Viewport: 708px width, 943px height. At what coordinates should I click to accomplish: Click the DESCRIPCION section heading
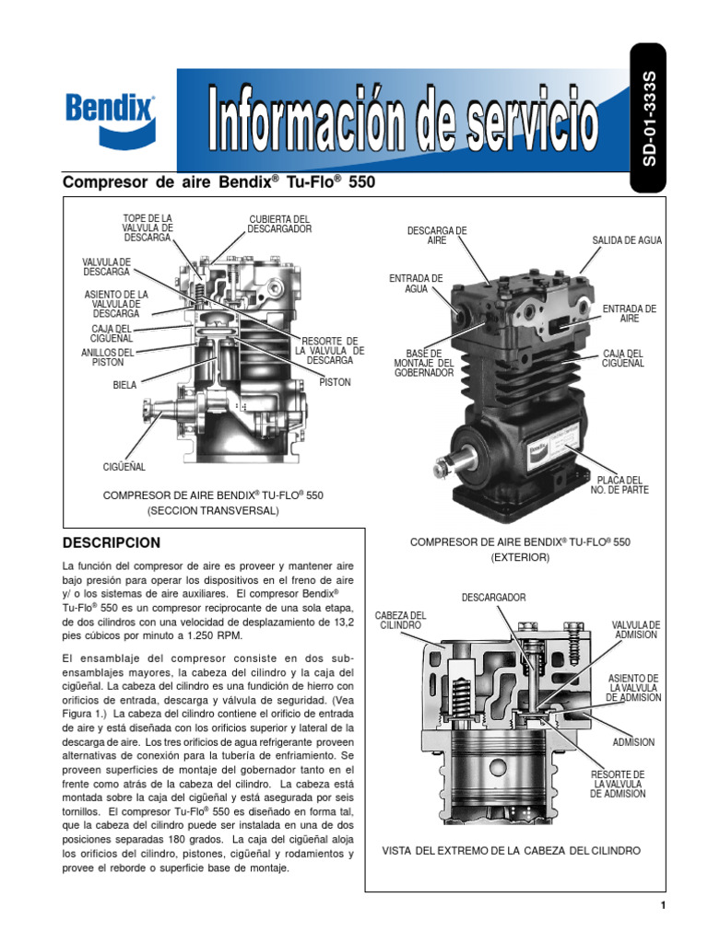tap(111, 542)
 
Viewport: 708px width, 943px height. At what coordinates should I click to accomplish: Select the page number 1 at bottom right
tap(662, 906)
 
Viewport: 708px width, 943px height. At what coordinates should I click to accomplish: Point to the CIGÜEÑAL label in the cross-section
tap(124, 468)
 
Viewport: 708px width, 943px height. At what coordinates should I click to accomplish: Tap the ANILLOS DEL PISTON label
tap(108, 357)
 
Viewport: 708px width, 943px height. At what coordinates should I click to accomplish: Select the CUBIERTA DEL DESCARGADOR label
tap(280, 224)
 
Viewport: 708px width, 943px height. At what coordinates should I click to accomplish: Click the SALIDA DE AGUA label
tap(627, 240)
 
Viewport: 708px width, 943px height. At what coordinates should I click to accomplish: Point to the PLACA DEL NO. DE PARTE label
tap(619, 484)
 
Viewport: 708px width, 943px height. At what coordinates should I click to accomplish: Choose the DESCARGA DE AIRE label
tap(437, 235)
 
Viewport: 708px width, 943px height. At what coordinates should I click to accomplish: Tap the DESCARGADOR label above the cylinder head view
tap(493, 598)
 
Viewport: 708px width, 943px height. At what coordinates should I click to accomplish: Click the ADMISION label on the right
tap(633, 742)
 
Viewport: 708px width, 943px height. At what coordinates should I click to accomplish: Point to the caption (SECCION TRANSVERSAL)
tap(213, 509)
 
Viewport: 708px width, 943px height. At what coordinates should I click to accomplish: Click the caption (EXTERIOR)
tap(520, 558)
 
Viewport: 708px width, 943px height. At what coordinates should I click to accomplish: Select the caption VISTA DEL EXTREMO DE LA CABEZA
tap(511, 851)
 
